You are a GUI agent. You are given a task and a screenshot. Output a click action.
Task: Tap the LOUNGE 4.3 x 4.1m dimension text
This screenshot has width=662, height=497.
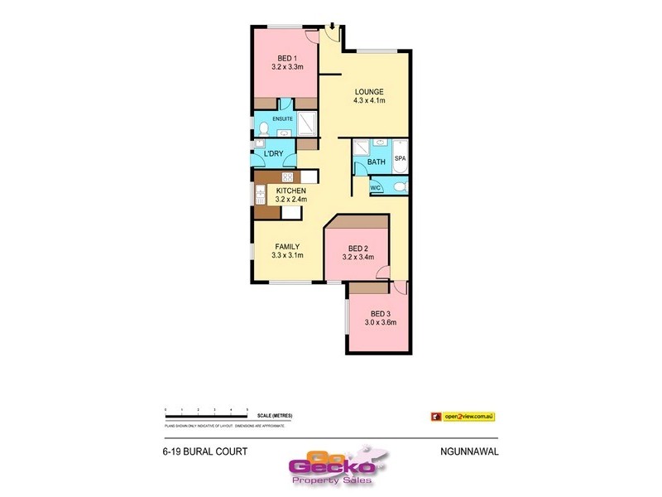pyautogui.click(x=369, y=100)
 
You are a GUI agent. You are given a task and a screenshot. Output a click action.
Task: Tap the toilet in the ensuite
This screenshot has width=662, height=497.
pyautogui.click(x=263, y=128)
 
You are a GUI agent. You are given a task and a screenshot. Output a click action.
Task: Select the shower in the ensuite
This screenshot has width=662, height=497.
pyautogui.click(x=306, y=123)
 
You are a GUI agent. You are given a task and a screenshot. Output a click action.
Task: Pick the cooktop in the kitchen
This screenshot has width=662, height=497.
pyautogui.click(x=288, y=176)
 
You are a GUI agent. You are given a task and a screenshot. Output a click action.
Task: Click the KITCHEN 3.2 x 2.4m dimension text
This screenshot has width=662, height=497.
pyautogui.click(x=286, y=200)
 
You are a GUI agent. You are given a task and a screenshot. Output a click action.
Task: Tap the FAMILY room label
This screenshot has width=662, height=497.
pyautogui.click(x=287, y=246)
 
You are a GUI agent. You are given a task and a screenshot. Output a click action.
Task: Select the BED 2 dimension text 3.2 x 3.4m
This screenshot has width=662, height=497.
pyautogui.click(x=358, y=258)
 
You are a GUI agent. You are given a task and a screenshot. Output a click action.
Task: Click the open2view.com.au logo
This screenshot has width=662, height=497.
pyautogui.click(x=468, y=415)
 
